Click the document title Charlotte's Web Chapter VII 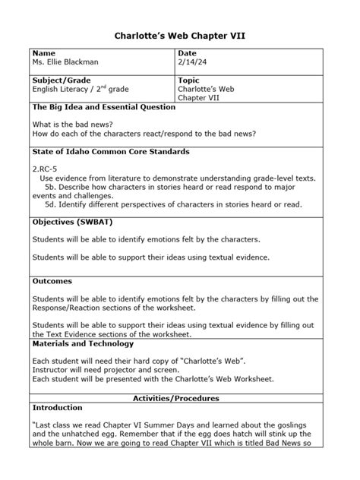(180, 35)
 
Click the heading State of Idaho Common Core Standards (111, 152)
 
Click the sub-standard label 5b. (52, 186)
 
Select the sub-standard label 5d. (52, 204)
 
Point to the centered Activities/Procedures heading (176, 398)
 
